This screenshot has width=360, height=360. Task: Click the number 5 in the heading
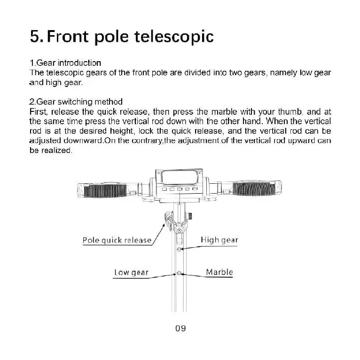[x=35, y=36]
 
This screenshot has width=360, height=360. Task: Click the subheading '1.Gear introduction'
[x=65, y=63]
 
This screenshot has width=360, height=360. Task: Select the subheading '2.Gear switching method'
[x=76, y=102]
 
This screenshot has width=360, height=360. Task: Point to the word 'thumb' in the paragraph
[x=291, y=112]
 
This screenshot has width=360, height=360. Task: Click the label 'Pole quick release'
[x=117, y=241]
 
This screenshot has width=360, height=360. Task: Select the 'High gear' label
[x=219, y=240]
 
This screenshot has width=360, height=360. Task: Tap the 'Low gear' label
[x=132, y=273]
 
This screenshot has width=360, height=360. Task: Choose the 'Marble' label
[x=219, y=272]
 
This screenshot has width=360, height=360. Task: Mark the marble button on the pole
[x=180, y=273]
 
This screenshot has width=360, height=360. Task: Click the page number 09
[x=180, y=328]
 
